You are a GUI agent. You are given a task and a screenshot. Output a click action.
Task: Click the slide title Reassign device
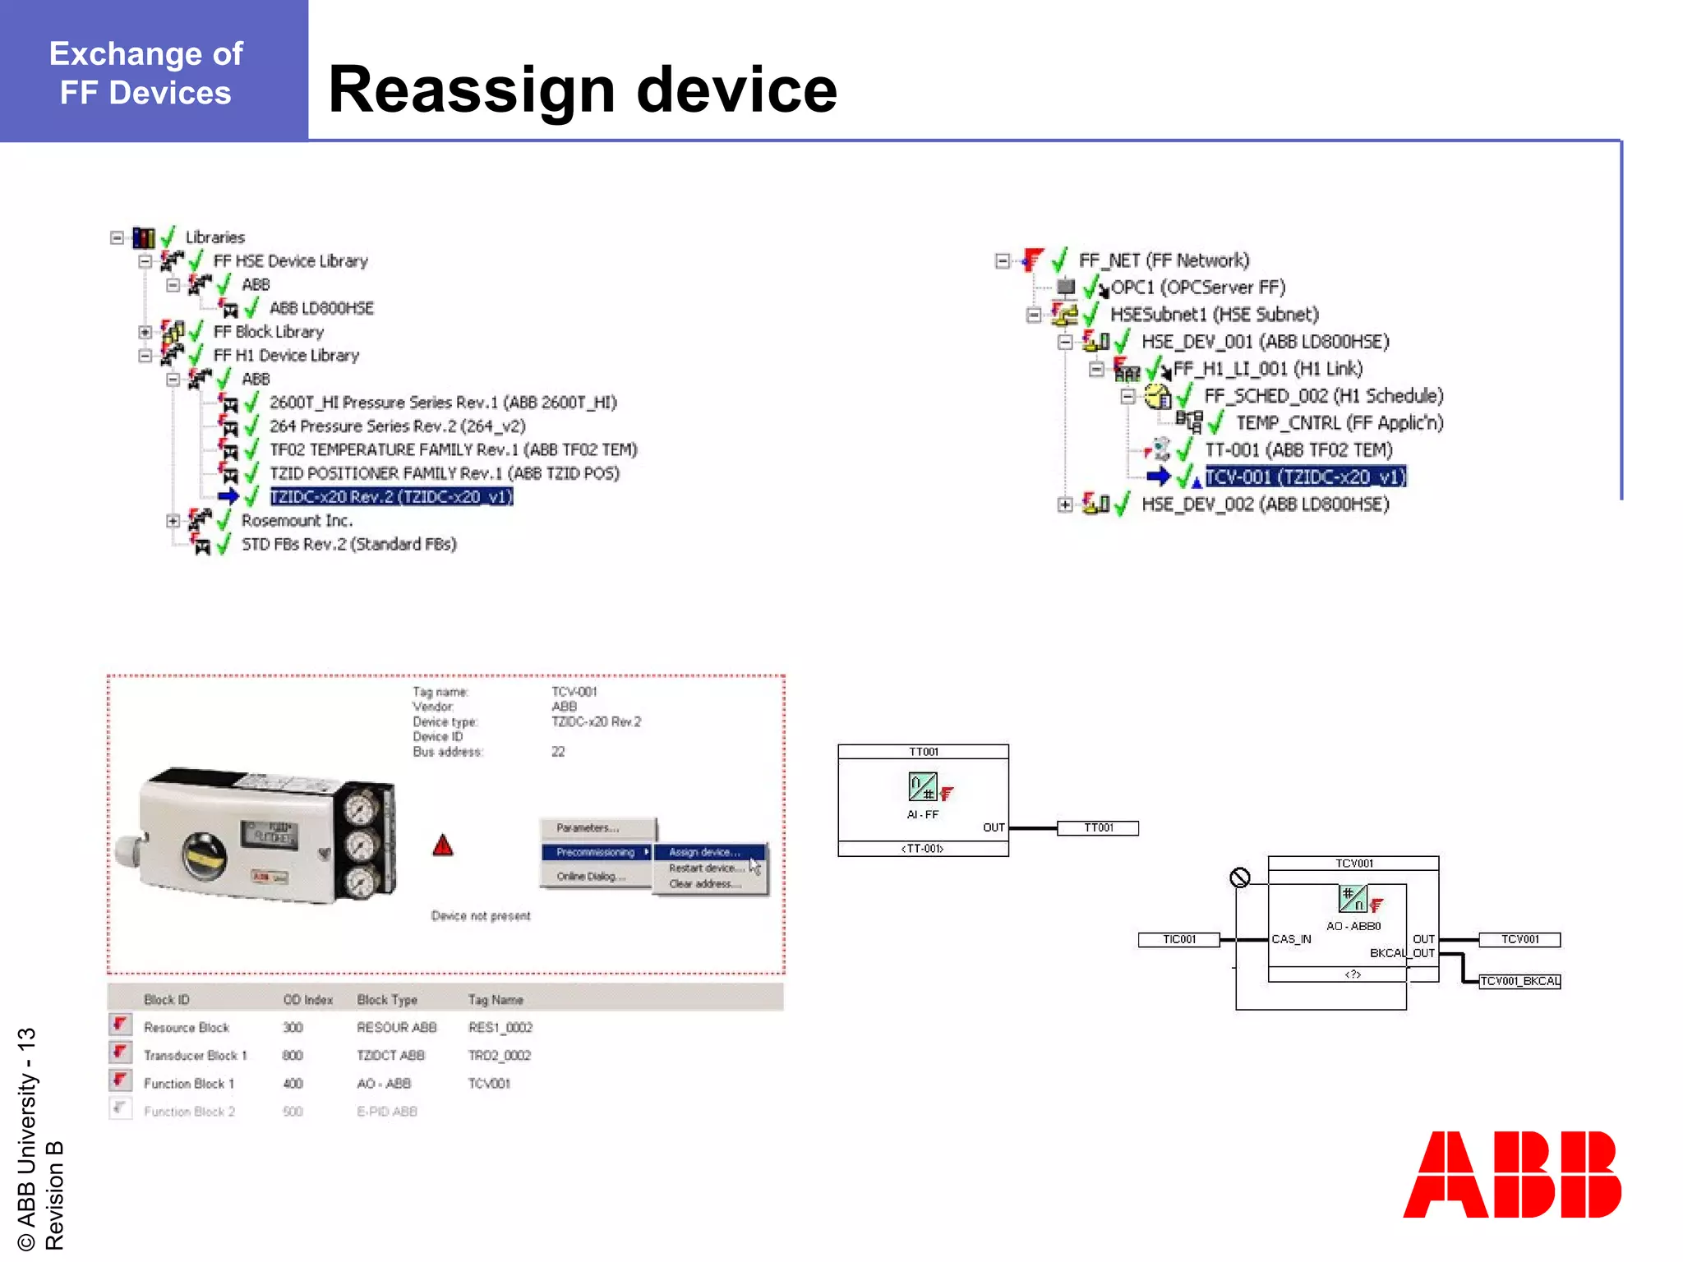[x=582, y=90]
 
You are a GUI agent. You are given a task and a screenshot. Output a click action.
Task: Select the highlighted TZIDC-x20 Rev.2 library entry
[x=391, y=497]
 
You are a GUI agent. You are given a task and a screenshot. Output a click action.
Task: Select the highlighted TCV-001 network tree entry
[x=1305, y=477]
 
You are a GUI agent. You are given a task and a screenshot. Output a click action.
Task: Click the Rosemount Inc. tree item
[x=297, y=521]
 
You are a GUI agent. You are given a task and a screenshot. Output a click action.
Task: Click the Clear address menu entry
[x=704, y=884]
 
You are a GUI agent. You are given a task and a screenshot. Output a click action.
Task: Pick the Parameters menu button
[x=587, y=828]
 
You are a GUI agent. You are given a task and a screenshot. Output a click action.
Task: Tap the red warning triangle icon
[x=443, y=845]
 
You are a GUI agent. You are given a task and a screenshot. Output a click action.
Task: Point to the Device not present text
[x=481, y=916]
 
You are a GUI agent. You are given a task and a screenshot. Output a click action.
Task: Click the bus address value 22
[x=558, y=752]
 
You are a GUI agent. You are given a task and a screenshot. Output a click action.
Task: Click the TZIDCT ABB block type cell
[x=390, y=1056]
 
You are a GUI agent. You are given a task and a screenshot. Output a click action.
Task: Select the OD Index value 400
[x=293, y=1084]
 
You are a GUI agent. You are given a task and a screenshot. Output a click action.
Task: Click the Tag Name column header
[x=496, y=1000]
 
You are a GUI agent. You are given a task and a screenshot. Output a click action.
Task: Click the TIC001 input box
[x=1178, y=940]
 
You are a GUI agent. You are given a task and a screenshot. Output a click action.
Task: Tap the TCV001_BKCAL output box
[x=1519, y=981]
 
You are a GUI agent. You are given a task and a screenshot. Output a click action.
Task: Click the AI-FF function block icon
[x=922, y=787]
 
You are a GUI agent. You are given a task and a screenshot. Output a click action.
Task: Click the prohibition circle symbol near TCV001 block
[x=1239, y=877]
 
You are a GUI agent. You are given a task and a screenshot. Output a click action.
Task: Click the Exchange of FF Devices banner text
[x=146, y=73]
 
